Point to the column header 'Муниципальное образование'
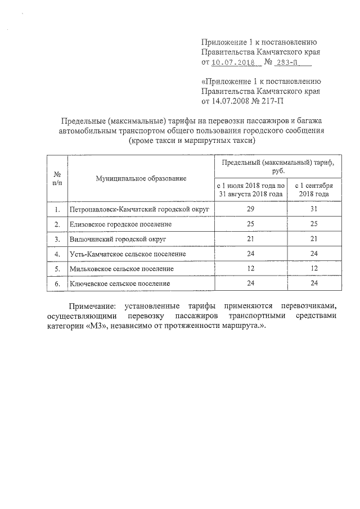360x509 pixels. tap(141, 178)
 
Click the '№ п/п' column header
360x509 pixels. tap(57, 178)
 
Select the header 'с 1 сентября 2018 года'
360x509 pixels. tap(314, 190)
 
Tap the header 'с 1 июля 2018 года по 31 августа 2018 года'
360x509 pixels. tap(251, 190)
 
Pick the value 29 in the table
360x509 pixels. tap(251, 209)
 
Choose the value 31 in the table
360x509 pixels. tap(314, 209)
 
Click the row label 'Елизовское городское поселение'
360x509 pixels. tap(120, 224)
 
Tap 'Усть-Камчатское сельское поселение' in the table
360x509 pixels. tap(128, 254)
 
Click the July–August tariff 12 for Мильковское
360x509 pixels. tap(251, 269)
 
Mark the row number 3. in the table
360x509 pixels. tap(57, 239)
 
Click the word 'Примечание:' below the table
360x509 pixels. tap(93, 307)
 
